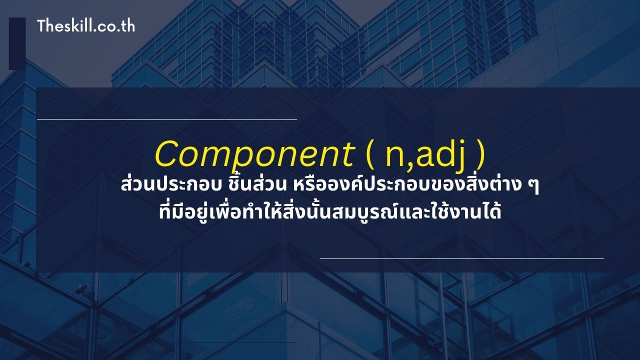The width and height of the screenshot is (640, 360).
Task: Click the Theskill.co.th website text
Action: click(x=86, y=26)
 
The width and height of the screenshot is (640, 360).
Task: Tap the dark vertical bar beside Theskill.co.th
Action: click(x=17, y=43)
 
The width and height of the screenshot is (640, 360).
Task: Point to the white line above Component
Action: click(x=167, y=119)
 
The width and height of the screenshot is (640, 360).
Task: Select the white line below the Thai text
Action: click(x=461, y=258)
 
